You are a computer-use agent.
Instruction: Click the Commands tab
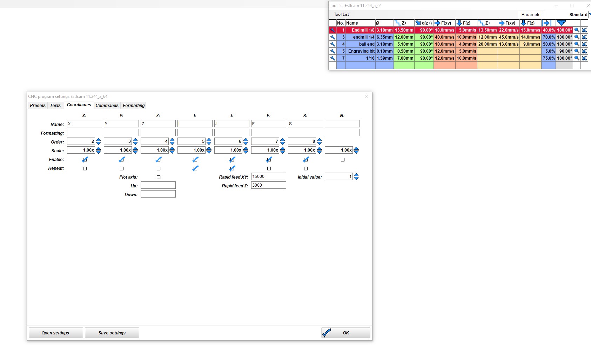click(107, 105)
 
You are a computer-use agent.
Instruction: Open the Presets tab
click(38, 105)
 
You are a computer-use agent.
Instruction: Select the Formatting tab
click(134, 105)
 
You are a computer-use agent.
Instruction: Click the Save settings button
click(112, 333)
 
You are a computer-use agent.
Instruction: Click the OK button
click(345, 333)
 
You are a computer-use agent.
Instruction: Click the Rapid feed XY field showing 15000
click(268, 176)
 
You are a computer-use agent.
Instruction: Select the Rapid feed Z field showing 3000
click(268, 185)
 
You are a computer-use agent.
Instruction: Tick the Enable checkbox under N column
click(342, 160)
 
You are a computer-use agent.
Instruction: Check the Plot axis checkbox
click(158, 177)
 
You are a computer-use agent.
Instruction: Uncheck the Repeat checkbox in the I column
click(195, 168)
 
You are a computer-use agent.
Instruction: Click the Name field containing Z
click(158, 124)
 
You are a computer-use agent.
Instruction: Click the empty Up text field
click(158, 185)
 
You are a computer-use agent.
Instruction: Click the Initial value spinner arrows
click(356, 176)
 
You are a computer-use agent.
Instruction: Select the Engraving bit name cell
click(361, 51)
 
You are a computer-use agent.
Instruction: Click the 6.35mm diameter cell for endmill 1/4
click(384, 37)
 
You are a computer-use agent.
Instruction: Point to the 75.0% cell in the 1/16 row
click(549, 58)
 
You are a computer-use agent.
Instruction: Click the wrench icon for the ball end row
click(333, 44)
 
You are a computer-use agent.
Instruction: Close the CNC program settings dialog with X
click(367, 96)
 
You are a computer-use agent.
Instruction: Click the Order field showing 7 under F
click(265, 141)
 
